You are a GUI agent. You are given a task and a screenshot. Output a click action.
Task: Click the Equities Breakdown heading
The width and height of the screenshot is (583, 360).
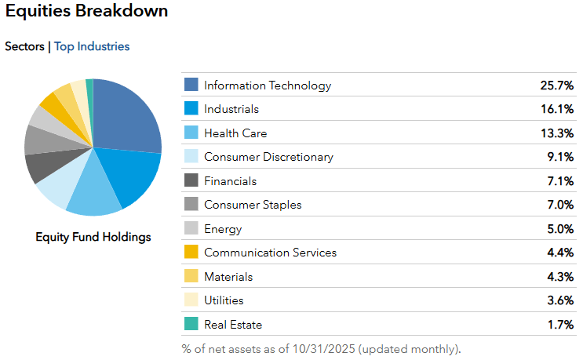pyautogui.click(x=86, y=12)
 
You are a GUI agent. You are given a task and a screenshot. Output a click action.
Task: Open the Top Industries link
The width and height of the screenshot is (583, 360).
pyautogui.click(x=92, y=46)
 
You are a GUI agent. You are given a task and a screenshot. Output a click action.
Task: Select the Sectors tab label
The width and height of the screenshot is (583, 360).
pyautogui.click(x=24, y=46)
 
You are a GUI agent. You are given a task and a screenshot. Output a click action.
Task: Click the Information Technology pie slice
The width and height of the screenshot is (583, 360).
pyautogui.click(x=126, y=114)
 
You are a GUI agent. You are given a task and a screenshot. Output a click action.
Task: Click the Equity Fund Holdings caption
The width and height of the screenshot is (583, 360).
pyautogui.click(x=93, y=237)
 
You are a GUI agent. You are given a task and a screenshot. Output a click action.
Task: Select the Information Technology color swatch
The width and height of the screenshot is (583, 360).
pyautogui.click(x=191, y=85)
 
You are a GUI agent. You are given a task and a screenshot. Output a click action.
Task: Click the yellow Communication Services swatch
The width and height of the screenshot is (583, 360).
pyautogui.click(x=191, y=253)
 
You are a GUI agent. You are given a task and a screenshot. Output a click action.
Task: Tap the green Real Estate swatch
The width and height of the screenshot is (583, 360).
pyautogui.click(x=191, y=324)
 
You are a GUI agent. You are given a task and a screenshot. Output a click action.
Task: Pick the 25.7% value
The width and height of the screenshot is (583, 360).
pyautogui.click(x=556, y=85)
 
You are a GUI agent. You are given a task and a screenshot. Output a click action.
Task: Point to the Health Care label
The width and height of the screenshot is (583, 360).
pyautogui.click(x=235, y=133)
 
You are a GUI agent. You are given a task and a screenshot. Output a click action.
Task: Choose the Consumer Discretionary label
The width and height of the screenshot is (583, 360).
pyautogui.click(x=268, y=157)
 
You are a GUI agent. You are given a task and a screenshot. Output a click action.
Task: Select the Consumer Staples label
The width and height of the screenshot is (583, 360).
pyautogui.click(x=253, y=205)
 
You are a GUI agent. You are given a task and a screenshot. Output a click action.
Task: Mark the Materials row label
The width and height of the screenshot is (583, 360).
pyautogui.click(x=228, y=277)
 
